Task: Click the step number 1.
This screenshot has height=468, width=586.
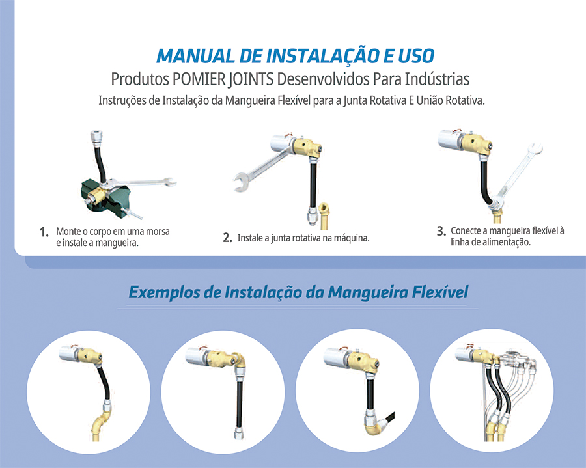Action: [44, 232]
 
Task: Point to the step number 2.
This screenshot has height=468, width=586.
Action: [228, 238]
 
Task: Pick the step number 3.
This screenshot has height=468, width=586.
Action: [441, 231]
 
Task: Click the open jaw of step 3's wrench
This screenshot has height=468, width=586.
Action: [535, 148]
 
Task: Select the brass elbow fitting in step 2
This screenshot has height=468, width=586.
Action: [324, 215]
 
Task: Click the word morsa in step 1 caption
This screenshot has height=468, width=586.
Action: [158, 232]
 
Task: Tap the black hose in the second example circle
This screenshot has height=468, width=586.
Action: [239, 404]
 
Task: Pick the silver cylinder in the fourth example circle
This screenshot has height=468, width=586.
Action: [465, 353]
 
